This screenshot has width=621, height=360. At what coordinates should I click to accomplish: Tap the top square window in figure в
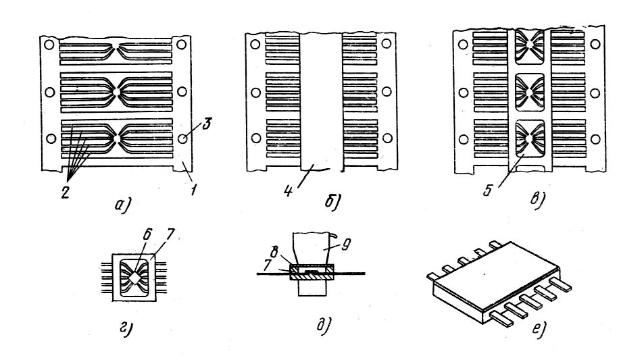531,45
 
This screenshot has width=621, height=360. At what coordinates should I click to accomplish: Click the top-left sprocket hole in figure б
255,45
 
